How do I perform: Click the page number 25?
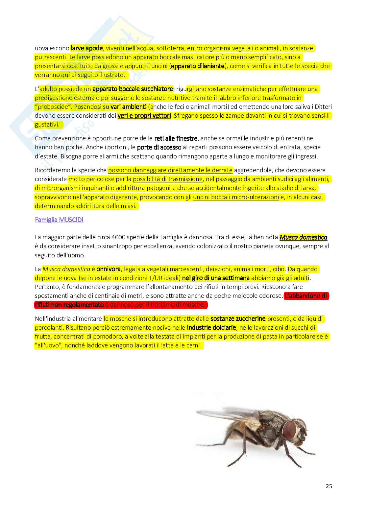329,486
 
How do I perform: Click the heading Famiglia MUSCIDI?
59,220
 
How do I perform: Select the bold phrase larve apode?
87,48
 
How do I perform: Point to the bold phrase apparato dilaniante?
198,66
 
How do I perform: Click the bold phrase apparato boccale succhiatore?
133,89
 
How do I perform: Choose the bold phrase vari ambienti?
128,107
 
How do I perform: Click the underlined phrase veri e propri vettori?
144,116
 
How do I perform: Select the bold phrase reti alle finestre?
176,138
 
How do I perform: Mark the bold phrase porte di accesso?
159,147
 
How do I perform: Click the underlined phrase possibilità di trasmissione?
168,179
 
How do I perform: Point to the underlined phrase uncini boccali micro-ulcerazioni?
236,197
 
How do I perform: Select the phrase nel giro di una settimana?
216,278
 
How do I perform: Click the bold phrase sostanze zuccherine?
238,319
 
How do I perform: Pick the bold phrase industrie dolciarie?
211,328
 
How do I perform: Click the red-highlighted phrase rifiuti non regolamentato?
69,305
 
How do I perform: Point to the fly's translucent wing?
227,415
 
